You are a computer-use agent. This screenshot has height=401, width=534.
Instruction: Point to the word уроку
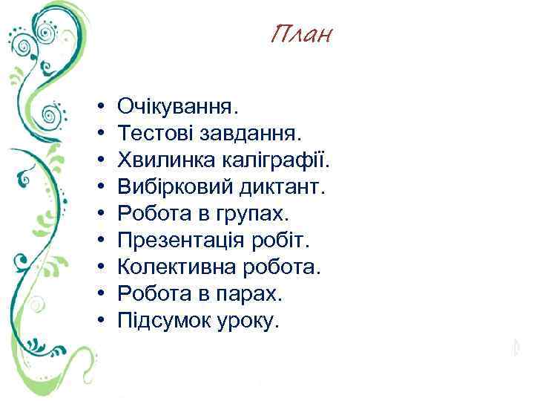tap(252, 322)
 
